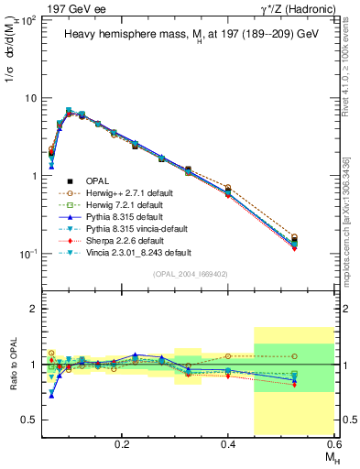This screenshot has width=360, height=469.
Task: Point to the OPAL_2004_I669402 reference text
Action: coord(192,272)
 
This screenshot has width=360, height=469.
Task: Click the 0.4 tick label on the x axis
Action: coord(228,443)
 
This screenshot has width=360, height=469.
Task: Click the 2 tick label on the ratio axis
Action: coord(36,310)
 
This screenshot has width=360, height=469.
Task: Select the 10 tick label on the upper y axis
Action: coord(30,97)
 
